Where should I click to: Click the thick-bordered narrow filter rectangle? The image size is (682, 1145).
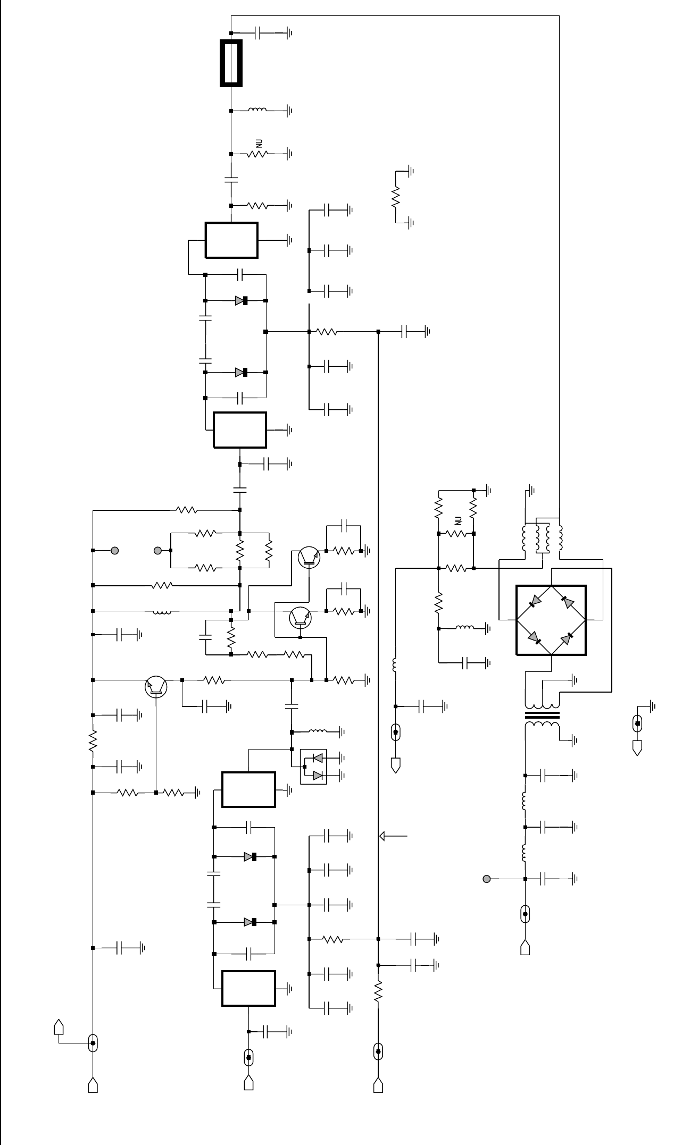pyautogui.click(x=231, y=63)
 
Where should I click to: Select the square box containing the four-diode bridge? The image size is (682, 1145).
pyautogui.click(x=551, y=620)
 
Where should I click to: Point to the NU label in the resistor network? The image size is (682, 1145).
pyautogui.click(x=458, y=521)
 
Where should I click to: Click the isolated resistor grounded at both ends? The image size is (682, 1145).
pyautogui.click(x=396, y=197)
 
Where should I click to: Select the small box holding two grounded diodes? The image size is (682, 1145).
pyautogui.click(x=314, y=767)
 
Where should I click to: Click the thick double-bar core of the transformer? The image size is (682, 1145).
pyautogui.click(x=542, y=715)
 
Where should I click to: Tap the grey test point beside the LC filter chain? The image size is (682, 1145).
pyautogui.click(x=486, y=879)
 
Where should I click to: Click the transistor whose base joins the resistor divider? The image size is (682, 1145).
pyautogui.click(x=156, y=687)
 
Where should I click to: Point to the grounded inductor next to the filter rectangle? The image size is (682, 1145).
pyautogui.click(x=257, y=111)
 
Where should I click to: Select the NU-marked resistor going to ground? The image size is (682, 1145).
pyautogui.click(x=257, y=154)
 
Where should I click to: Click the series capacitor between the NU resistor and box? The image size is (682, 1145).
pyautogui.click(x=231, y=179)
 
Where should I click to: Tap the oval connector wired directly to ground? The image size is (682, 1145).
pyautogui.click(x=637, y=723)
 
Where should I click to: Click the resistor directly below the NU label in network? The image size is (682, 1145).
pyautogui.click(x=456, y=533)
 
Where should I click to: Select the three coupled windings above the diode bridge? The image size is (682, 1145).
pyautogui.click(x=542, y=538)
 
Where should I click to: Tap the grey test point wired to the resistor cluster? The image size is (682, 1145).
pyautogui.click(x=157, y=551)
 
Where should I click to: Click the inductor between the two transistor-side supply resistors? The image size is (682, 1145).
pyautogui.click(x=162, y=611)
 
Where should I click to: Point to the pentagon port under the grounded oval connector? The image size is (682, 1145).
pyautogui.click(x=637, y=748)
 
